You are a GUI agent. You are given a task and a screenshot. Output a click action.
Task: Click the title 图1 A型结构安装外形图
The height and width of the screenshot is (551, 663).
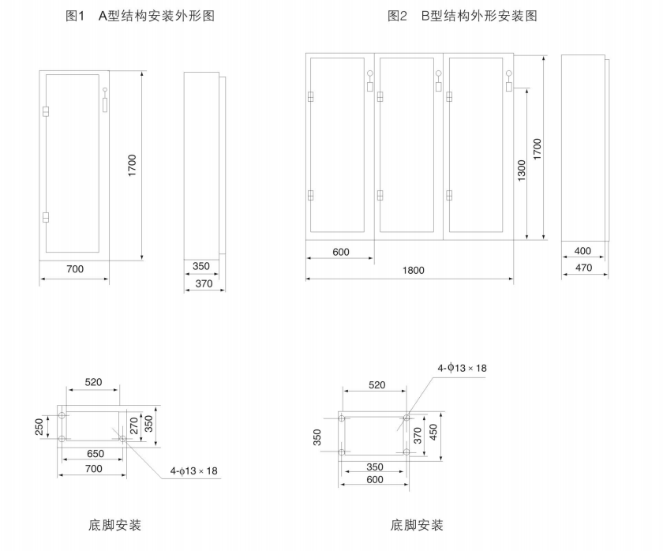pos(140,16)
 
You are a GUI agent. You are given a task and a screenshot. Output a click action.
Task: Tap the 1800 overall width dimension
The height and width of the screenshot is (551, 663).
pos(413,270)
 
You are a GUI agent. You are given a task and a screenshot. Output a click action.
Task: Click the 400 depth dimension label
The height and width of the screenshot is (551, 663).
pos(582,251)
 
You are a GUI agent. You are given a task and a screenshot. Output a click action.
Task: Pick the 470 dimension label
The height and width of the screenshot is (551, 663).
pos(582,268)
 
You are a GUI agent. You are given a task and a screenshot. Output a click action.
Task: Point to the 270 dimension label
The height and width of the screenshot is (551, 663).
pos(133,425)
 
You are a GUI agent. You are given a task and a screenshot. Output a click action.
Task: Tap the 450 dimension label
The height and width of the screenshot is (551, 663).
pos(433,433)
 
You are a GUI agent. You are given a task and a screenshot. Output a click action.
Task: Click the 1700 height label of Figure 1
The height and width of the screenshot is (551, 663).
pos(133,165)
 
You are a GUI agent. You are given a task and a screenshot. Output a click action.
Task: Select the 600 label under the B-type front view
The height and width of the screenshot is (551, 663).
pos(340,252)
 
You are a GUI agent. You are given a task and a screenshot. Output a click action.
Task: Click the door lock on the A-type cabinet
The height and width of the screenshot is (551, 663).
pos(104,100)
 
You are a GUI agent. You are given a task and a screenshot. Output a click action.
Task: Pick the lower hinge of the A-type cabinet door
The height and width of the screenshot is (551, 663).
pos(45,216)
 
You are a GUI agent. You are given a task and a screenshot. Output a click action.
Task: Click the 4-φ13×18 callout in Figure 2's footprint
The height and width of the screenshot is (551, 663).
pos(463,368)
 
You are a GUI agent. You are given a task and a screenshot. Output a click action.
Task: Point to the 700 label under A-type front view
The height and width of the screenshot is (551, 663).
pos(73,269)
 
